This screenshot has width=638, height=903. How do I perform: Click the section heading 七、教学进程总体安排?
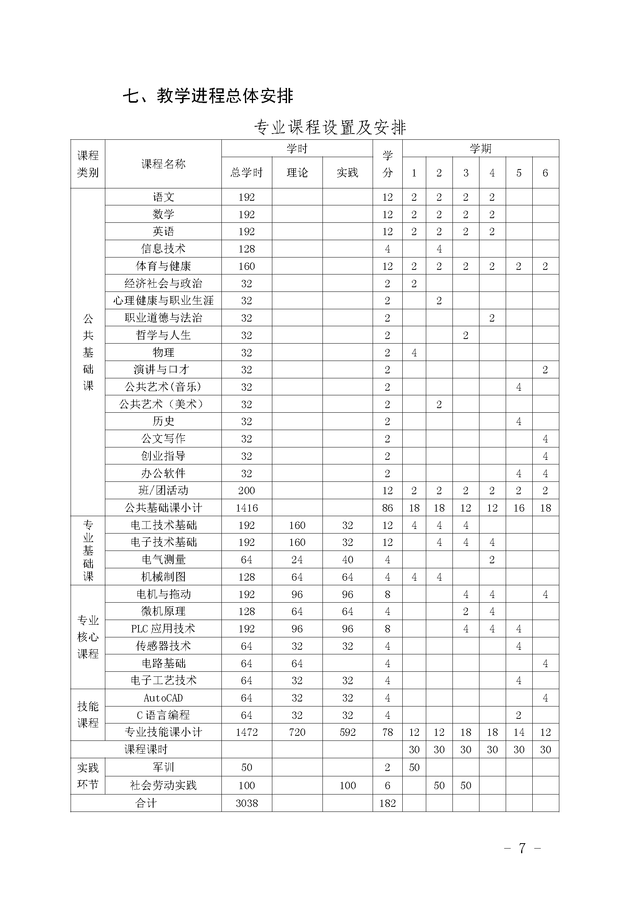point(208,96)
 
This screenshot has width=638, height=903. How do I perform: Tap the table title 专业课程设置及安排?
point(330,127)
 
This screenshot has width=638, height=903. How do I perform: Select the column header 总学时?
point(246,173)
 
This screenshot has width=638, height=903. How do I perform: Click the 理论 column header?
point(297,173)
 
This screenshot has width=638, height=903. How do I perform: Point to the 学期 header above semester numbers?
point(481,149)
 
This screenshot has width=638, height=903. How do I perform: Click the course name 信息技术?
point(163,249)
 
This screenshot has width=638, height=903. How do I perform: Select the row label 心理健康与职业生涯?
point(163,300)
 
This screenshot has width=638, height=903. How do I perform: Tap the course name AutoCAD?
point(163,698)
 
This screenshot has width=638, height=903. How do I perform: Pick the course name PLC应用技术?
point(163,629)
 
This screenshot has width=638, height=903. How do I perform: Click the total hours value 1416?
point(247,508)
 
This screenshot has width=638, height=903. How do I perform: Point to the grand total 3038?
point(247,803)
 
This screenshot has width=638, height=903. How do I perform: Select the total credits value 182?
point(387,803)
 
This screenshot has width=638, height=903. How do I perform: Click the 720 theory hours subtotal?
point(297,732)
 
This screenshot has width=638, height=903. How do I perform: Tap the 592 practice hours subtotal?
point(348,732)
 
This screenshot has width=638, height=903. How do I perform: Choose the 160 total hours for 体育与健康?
point(247,266)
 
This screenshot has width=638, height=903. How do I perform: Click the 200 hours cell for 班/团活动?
point(247,490)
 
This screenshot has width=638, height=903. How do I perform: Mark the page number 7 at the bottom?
point(522,848)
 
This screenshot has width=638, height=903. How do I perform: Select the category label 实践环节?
point(88,776)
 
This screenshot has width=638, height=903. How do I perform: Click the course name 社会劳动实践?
point(163,785)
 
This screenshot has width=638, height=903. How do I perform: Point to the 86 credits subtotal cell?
point(387,508)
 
